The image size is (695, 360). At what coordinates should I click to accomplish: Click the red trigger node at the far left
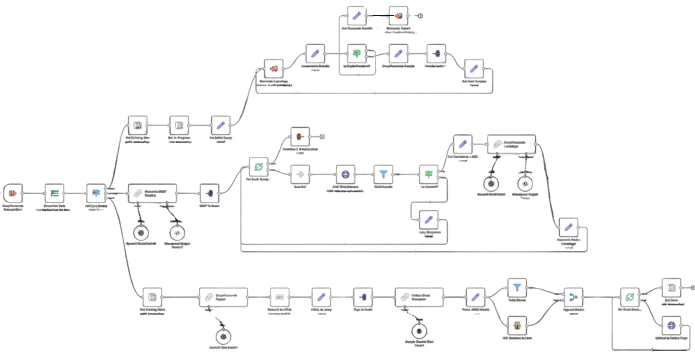pos(13,193)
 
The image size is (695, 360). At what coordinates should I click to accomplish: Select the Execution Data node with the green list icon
pos(54,193)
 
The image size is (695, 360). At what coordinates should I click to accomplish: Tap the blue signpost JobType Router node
pos(96,193)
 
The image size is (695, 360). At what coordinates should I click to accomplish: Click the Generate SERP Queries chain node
pos(152,193)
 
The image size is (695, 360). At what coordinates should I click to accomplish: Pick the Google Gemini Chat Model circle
pos(419,332)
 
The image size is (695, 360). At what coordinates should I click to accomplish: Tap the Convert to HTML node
pos(280,297)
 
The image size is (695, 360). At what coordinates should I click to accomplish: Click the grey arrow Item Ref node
pos(300,174)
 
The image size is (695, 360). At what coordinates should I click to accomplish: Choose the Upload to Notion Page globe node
pos(671,325)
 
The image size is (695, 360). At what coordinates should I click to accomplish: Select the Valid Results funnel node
pos(383,174)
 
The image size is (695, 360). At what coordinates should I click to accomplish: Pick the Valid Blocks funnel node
pos(517,288)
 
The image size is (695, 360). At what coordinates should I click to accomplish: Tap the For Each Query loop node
pos(258,166)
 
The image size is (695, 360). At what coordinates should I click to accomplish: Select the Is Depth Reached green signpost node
pos(357,53)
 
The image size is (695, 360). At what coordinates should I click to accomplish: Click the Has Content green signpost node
pos(428,174)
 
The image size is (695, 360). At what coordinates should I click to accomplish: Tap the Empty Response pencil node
pos(428,219)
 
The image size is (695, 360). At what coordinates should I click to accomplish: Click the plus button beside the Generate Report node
pos(420,16)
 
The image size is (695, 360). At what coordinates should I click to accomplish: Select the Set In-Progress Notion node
pos(178,125)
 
